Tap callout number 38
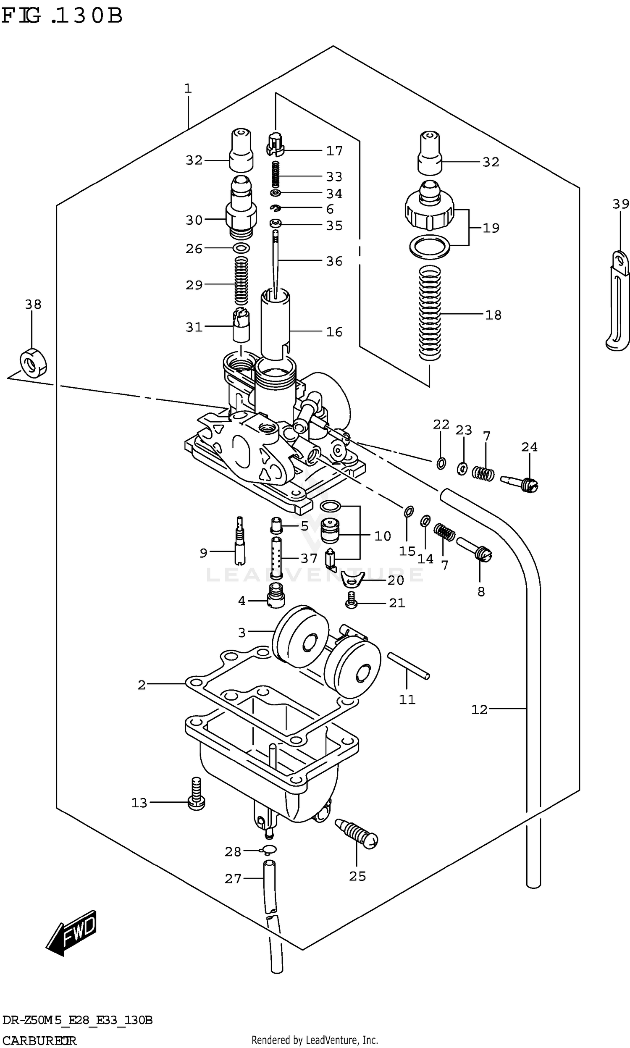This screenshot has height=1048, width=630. coord(33,305)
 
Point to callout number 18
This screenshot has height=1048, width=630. coord(493,315)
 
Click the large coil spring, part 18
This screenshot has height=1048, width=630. coord(430,313)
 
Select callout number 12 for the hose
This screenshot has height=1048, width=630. coord(479,709)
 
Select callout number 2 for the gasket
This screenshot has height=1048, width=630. coord(142,685)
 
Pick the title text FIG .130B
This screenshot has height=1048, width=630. coord(62,16)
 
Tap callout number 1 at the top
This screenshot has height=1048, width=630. coord(188,88)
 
